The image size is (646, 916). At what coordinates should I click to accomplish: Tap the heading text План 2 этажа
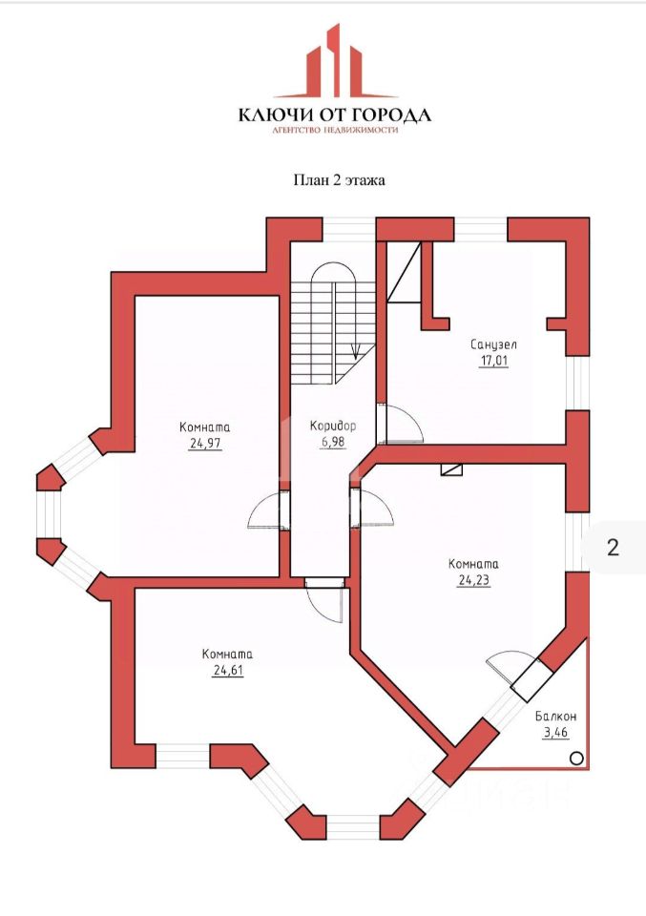click(x=338, y=178)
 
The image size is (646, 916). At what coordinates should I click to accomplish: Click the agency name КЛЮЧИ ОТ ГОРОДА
click(x=334, y=115)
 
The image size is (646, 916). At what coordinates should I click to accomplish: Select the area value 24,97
click(x=205, y=443)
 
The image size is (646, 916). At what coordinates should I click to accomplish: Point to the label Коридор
click(x=332, y=427)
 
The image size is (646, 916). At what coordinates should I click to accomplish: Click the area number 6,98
click(x=332, y=442)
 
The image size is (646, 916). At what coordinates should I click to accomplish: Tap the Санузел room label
click(x=493, y=344)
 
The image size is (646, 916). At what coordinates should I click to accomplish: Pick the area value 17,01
click(x=493, y=361)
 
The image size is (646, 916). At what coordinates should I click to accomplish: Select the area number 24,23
click(x=473, y=578)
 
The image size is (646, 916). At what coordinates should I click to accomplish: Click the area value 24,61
click(x=226, y=670)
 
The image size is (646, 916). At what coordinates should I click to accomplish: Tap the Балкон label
click(x=554, y=715)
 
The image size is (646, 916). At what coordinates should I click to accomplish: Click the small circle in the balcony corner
click(x=576, y=758)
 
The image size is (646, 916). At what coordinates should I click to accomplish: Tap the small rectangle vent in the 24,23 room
click(x=451, y=468)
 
